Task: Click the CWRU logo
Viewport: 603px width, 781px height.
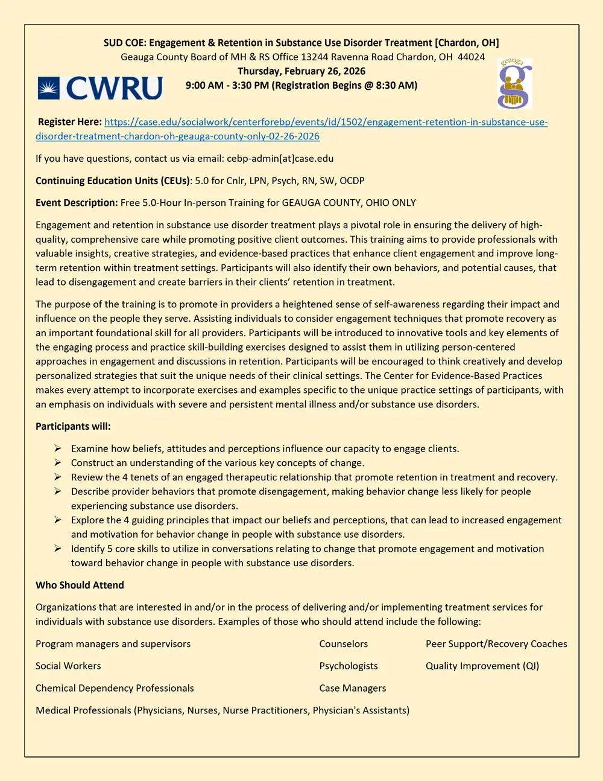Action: [100, 88]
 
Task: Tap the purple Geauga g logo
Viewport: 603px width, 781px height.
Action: [514, 84]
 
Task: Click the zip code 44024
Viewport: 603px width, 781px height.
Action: [471, 57]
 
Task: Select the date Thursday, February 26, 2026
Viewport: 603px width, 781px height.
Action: [301, 71]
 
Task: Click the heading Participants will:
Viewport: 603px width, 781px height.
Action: [73, 426]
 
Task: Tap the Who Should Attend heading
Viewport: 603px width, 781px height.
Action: [80, 585]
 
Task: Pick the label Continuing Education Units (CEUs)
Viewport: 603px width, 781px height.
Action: [113, 180]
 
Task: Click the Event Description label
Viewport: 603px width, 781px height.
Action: [76, 203]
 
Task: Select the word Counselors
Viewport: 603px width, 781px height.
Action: [343, 644]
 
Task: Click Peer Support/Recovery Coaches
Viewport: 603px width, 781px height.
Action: [496, 644]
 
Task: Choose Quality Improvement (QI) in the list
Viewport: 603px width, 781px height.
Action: [482, 666]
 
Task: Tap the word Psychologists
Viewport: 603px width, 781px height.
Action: [349, 666]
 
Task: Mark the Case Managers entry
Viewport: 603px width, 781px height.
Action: [353, 688]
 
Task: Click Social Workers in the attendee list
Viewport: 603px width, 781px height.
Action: [68, 666]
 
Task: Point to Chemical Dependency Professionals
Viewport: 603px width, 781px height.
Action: [115, 688]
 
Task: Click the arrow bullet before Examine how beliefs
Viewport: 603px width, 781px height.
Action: [57, 448]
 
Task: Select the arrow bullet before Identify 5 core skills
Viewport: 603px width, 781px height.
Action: [57, 549]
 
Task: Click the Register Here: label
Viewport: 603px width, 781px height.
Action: [69, 122]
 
